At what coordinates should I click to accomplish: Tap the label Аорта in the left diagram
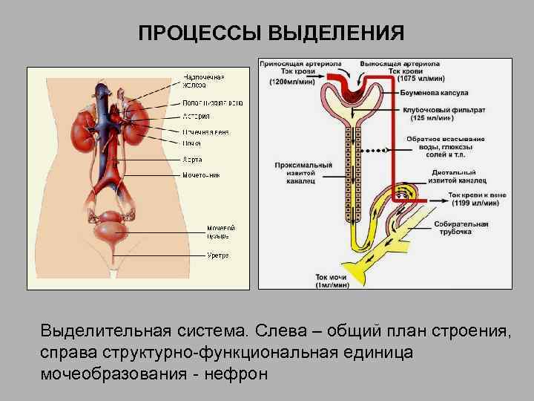192,159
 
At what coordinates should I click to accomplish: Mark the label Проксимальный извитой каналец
294,172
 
